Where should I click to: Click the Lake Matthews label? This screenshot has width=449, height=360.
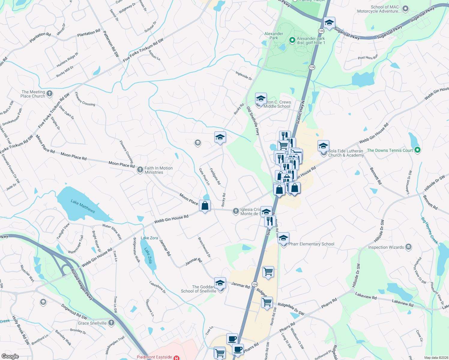83,206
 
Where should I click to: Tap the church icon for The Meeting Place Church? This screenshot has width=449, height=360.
50,94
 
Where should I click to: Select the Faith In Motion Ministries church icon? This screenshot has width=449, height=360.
140,170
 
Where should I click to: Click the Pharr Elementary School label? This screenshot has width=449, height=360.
311,244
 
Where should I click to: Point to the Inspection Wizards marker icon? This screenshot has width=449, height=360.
408,247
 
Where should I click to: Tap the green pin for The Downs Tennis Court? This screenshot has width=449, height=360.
417,150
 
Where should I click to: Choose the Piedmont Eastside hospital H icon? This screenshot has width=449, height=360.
176,358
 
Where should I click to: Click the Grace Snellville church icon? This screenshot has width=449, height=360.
111,323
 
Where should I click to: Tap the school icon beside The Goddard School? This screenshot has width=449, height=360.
220,283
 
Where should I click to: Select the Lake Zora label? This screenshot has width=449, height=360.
149,238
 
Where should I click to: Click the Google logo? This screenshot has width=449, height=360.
10,356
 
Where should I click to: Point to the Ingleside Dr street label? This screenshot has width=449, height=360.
244,75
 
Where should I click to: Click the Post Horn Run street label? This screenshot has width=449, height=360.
368,57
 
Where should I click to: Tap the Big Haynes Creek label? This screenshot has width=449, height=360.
429,230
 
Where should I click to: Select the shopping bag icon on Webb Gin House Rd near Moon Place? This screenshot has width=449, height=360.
205,206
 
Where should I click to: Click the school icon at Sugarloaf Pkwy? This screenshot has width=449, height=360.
329,22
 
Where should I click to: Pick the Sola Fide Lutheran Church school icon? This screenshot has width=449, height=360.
323,146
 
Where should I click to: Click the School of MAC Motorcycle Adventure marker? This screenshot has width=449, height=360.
405,9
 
